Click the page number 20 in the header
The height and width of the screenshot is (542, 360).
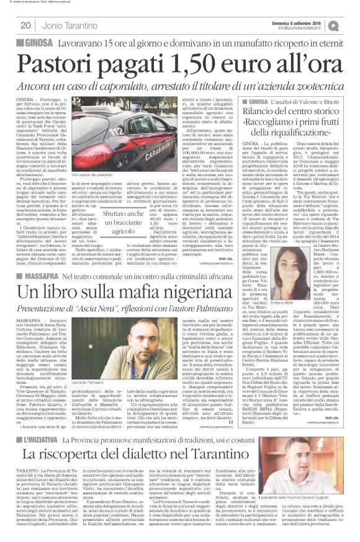click(x=25, y=25)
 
